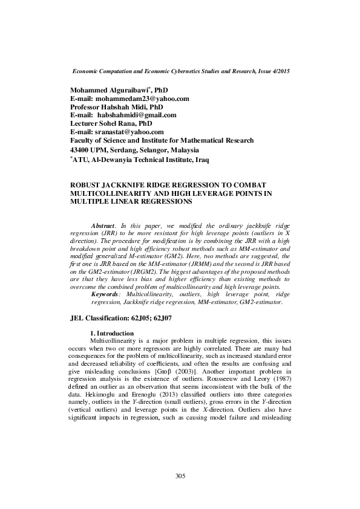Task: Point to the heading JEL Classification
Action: click(102, 317)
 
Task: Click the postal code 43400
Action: click(80, 149)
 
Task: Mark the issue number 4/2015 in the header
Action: click(278, 71)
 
